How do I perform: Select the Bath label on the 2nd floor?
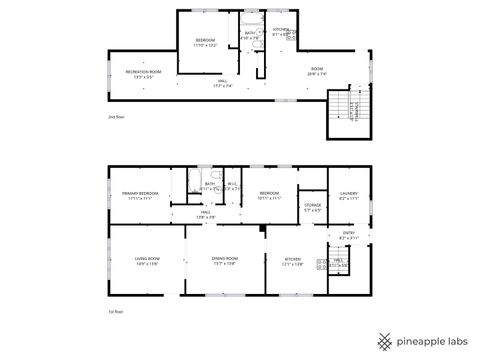(250, 33)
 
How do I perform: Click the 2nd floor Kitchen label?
(281, 30)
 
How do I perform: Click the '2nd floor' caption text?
(115, 118)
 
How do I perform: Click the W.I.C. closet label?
(231, 184)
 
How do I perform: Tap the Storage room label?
(312, 206)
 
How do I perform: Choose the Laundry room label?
(349, 194)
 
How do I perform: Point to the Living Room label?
(147, 260)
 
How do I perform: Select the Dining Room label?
(224, 260)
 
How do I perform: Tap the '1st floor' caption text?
(115, 313)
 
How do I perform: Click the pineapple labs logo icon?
(382, 340)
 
